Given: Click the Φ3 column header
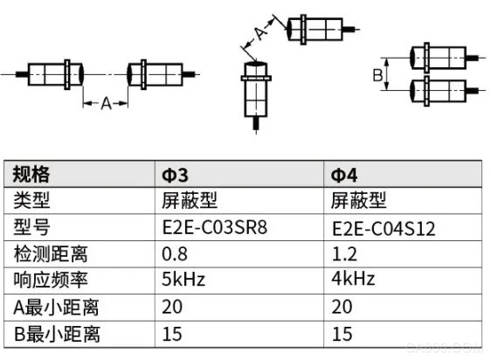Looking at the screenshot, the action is (175, 175).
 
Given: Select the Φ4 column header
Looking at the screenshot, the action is (344, 175).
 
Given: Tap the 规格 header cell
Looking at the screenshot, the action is (31, 174).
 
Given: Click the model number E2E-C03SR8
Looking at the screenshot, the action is (215, 227).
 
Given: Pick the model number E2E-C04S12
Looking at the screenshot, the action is (384, 229).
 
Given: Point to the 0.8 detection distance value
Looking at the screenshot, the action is (175, 254).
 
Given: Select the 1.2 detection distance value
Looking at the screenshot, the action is (344, 254).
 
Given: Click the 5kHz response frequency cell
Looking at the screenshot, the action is (183, 279).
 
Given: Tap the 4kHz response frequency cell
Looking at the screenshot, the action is (353, 278).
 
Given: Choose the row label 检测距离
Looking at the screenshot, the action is (51, 253).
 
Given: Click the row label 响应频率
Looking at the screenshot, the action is (51, 280).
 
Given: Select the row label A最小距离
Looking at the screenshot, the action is (56, 308).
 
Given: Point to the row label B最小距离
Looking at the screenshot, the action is (57, 334).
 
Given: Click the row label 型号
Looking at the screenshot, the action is (31, 227).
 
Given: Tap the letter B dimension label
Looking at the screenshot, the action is (377, 75).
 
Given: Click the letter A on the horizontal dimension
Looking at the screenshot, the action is (107, 103).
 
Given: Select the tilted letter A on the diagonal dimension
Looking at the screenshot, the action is (260, 32).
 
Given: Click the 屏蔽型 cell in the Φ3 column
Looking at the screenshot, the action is (189, 200).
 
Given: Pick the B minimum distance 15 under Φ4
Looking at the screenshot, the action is (342, 334).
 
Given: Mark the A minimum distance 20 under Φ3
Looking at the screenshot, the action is (172, 307).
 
